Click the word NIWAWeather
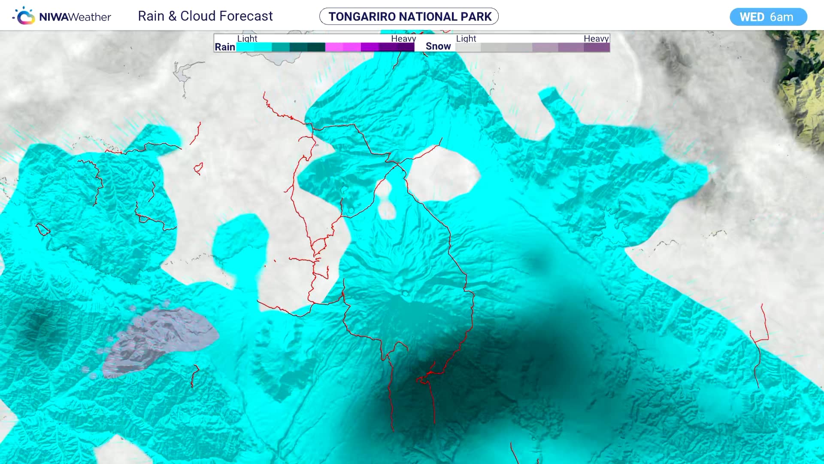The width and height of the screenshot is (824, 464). pos(75,17)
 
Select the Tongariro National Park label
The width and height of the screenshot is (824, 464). pos(409,16)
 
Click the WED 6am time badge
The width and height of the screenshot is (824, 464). pos(768,17)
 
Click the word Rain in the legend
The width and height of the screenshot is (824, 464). pos(225,47)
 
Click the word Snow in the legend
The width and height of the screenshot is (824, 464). pos(438,46)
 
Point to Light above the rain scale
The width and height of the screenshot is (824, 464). pos(247,39)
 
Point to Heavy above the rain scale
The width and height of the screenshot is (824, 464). pos(403,39)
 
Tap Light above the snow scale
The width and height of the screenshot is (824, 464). pos(466,39)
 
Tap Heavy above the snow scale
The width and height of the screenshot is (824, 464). pos(596,39)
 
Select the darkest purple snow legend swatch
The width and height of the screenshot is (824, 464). pos(597,47)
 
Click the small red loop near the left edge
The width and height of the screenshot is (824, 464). pos(42,229)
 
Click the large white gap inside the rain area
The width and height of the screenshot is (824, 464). pos(442,174)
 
